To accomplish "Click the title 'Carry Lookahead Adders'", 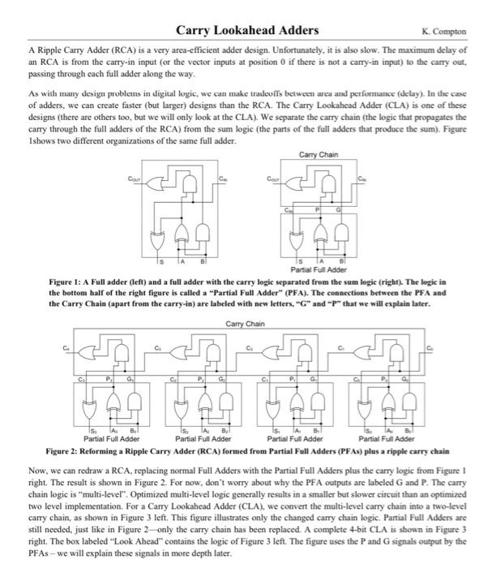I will tap(247, 31).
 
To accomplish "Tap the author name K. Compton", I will tap(445, 32).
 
